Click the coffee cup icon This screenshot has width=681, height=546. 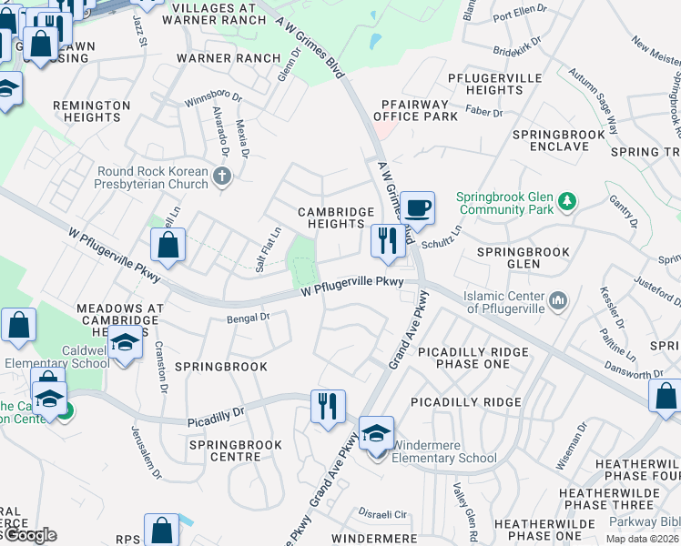click(x=418, y=207)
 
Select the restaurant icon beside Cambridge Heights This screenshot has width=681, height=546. click(x=388, y=241)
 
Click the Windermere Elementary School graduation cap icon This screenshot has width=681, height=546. click(x=374, y=433)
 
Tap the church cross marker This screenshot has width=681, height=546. click(x=223, y=176)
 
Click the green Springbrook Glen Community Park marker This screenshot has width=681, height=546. click(x=567, y=200)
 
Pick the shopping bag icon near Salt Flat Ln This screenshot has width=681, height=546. click(x=168, y=244)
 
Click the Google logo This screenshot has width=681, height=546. click(x=30, y=534)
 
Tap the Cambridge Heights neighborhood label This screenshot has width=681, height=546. click(x=337, y=218)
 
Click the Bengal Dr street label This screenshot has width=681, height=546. click(x=249, y=318)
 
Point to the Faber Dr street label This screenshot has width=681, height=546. click(x=484, y=113)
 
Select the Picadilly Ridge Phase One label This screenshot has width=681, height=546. click(x=469, y=359)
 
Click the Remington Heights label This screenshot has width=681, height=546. click(x=91, y=112)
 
